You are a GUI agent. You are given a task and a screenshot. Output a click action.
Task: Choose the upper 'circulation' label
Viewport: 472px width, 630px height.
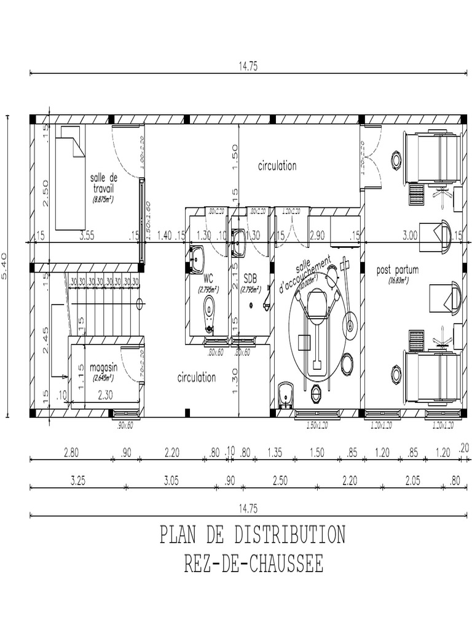point(277,165)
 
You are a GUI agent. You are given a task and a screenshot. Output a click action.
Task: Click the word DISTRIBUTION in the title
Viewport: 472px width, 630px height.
point(289,534)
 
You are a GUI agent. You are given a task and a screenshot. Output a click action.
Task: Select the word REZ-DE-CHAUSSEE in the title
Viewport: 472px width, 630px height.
point(253,564)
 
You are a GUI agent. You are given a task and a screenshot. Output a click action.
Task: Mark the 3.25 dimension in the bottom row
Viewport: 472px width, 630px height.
point(77,481)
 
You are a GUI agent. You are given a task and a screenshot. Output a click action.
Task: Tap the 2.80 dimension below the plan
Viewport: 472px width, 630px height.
point(71,453)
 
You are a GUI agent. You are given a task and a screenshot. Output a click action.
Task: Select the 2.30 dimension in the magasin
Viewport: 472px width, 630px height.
point(106,397)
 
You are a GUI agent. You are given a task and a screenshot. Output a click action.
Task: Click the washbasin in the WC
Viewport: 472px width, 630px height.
point(197,259)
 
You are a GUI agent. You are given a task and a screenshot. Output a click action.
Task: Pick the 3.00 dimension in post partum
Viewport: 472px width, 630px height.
point(410,235)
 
